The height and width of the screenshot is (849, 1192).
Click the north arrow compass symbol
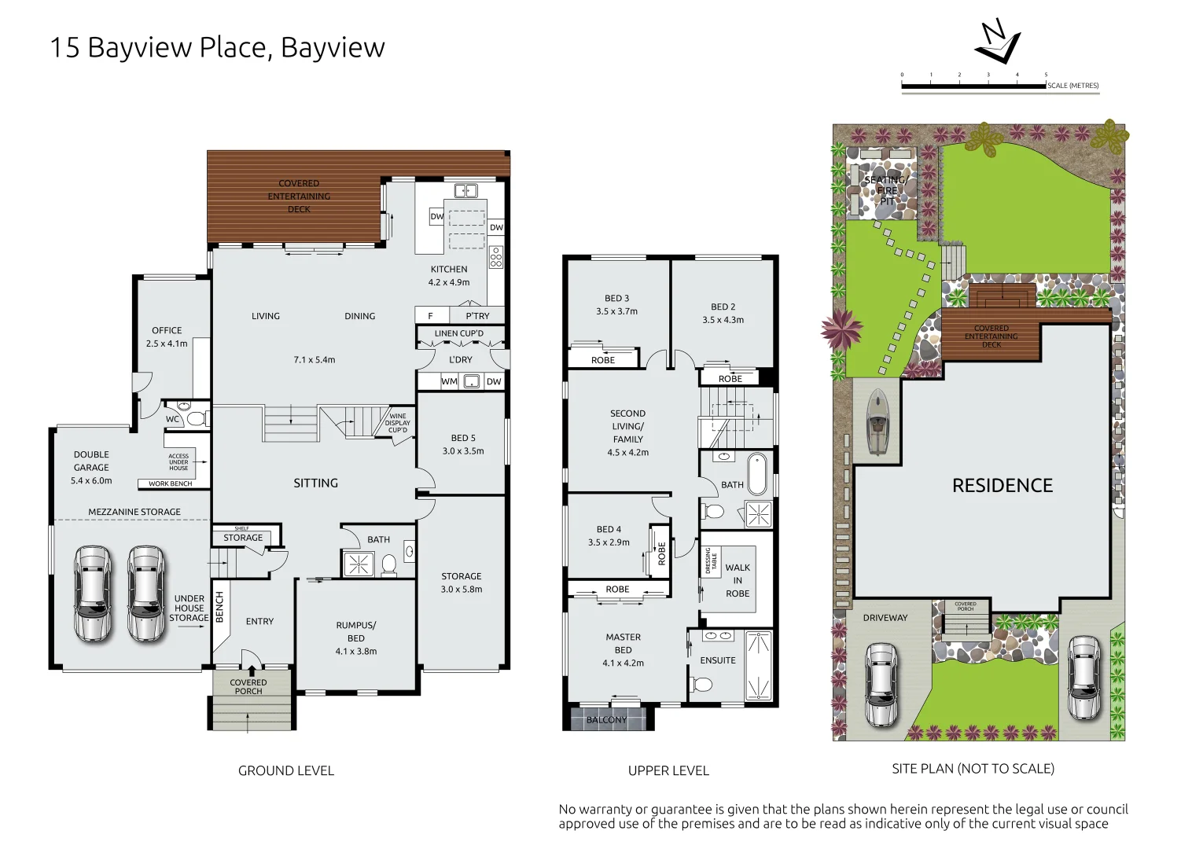996,42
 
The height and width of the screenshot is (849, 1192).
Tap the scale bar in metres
973,85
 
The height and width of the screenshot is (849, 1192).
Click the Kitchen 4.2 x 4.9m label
449,276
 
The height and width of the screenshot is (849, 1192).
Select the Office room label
167,336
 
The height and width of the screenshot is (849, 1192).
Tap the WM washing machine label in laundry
449,381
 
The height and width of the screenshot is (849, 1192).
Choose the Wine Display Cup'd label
398,423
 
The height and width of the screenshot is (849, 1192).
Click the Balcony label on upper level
606,719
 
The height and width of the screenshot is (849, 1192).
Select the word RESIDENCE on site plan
1002,486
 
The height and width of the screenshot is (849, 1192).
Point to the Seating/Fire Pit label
886,190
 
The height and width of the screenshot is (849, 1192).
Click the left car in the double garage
92,594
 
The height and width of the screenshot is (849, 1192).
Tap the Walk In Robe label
738,580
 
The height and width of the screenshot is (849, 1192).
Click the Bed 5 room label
463,444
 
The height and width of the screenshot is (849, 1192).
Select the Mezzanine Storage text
134,512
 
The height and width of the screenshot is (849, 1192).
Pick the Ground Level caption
286,771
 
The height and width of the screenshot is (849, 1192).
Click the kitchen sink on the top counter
465,190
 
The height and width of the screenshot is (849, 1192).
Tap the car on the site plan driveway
881,684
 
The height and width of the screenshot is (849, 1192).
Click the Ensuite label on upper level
718,660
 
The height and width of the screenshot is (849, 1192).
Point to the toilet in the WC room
197,418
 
